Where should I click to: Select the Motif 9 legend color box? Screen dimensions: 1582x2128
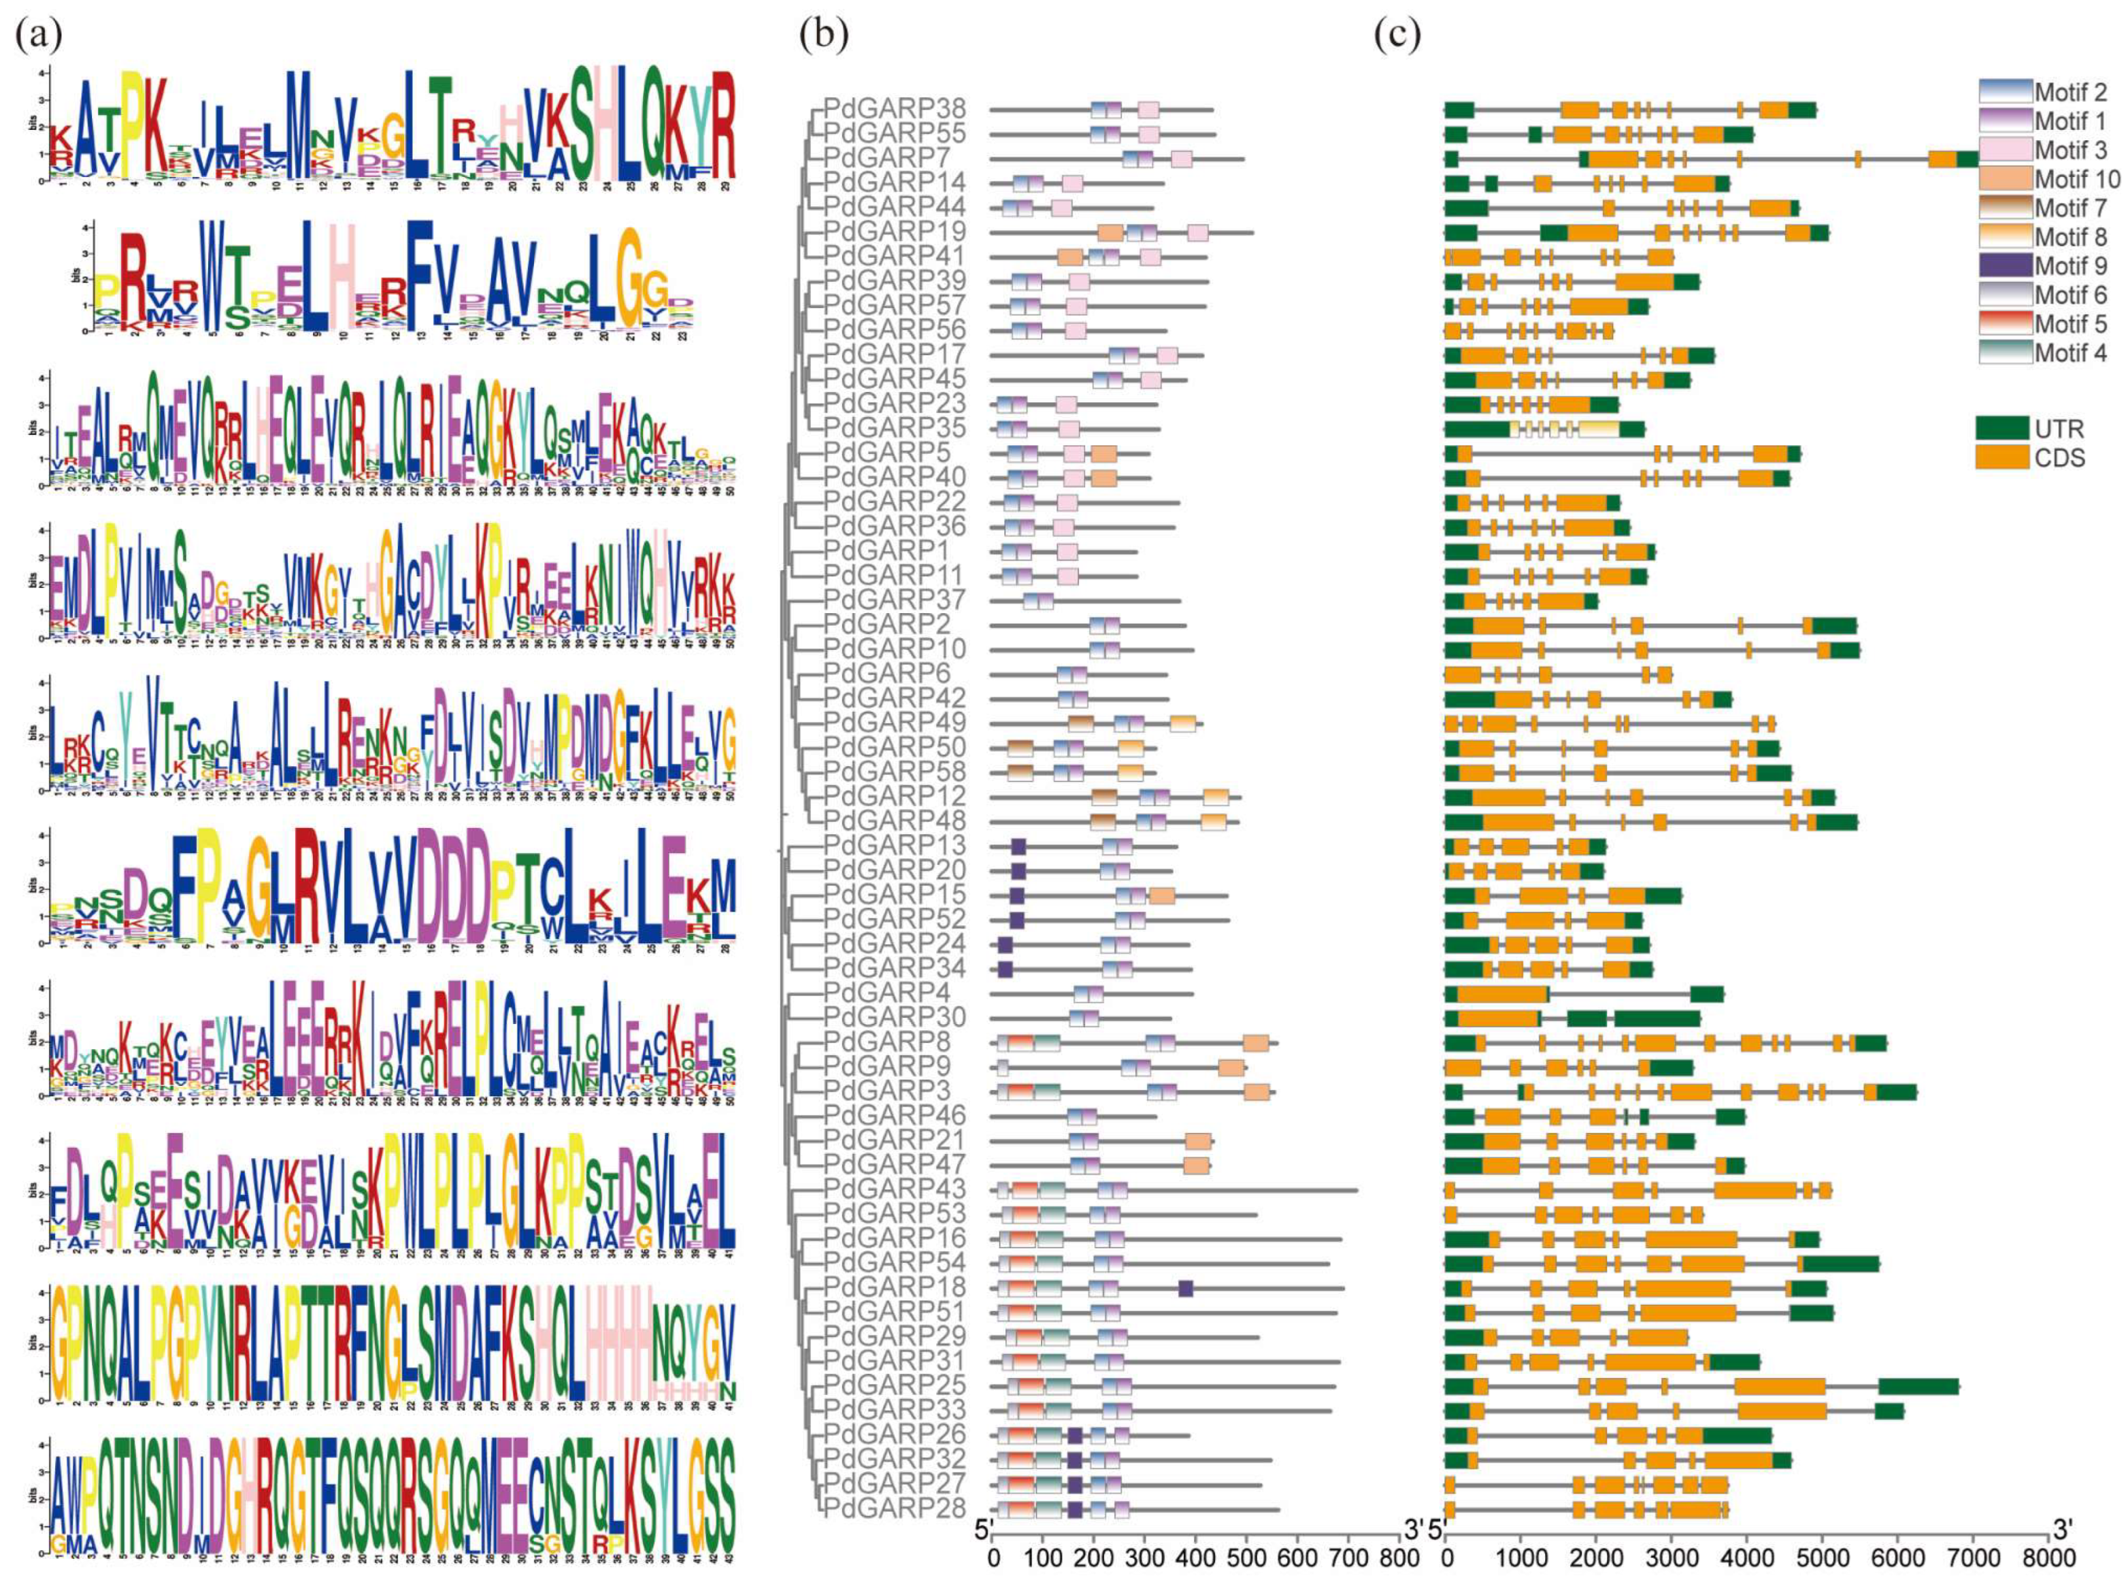[2004, 265]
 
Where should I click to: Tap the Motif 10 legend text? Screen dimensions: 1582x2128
[2077, 179]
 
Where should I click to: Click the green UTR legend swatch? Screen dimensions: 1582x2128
[2003, 428]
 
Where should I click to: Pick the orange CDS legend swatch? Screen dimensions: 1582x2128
[2003, 458]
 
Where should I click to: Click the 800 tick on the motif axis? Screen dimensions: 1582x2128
[1399, 1558]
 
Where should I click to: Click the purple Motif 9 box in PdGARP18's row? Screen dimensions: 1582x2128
[1185, 1288]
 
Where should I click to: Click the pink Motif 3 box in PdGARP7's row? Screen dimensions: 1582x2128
[1181, 159]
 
